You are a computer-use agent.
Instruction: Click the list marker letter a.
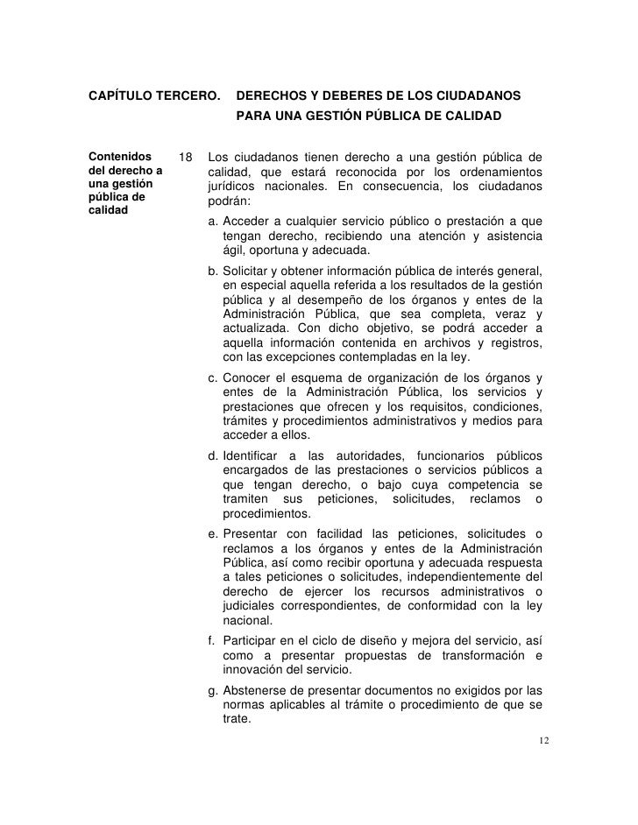pyautogui.click(x=213, y=221)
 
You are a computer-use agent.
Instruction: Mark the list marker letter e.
pyautogui.click(x=213, y=534)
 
